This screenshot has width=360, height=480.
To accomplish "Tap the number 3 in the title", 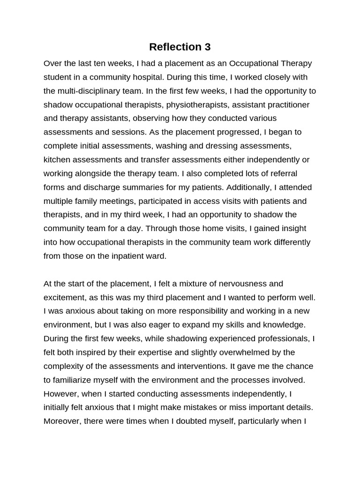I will [x=207, y=47].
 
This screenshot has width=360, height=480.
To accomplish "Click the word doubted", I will [x=187, y=421].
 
